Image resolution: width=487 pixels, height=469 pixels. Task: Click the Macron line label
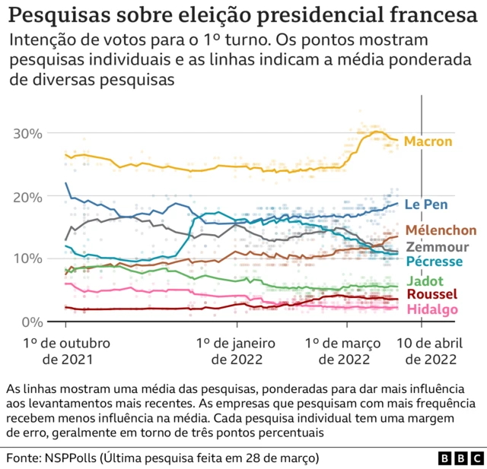point(428,141)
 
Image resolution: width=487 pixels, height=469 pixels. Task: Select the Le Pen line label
point(425,204)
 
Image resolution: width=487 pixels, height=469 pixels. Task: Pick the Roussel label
point(432,295)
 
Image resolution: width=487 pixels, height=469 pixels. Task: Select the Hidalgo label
point(432,309)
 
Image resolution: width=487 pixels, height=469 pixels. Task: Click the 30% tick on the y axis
point(27,134)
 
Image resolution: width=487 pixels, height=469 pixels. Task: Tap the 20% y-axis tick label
point(27,196)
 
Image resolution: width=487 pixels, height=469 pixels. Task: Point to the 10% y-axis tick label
point(27,259)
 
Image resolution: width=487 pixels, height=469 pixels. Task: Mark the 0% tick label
point(31,322)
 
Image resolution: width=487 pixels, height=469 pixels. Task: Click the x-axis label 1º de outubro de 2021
point(67,351)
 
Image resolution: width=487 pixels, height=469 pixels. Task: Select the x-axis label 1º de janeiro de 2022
point(236,351)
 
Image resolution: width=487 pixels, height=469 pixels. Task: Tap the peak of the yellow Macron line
point(376,132)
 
